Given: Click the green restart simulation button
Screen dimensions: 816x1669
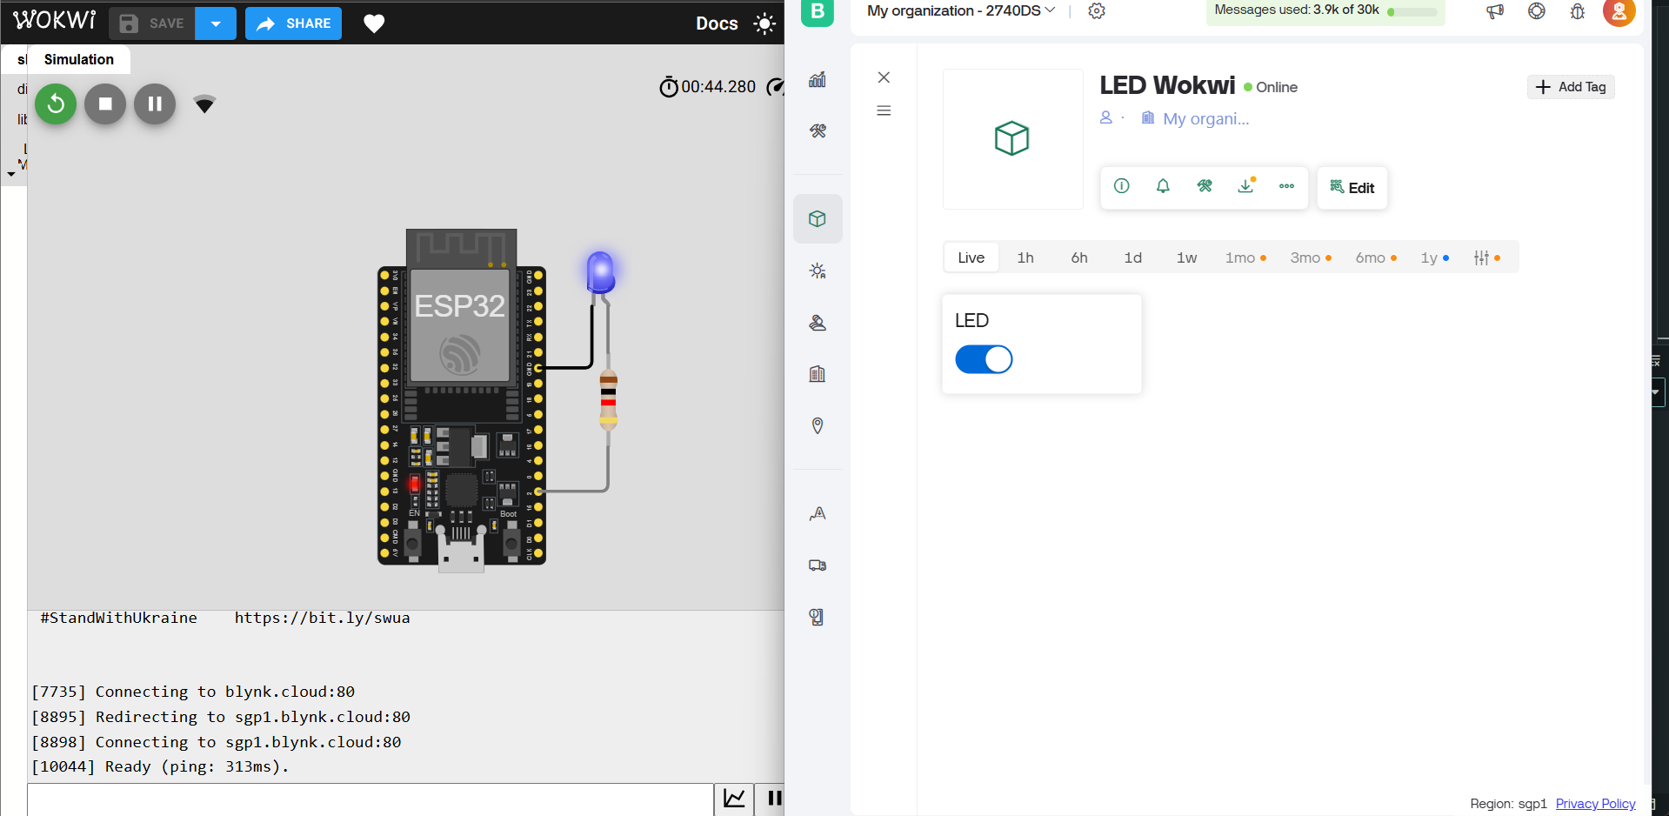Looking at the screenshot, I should coord(56,104).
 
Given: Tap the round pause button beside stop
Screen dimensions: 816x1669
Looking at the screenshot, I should coord(155,104).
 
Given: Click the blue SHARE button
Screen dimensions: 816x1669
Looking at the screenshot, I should coord(293,23).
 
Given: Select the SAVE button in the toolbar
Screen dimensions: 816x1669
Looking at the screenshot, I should coord(152,23).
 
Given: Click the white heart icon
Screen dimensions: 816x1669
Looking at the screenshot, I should coord(374,23).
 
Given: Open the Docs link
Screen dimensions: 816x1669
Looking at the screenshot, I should coord(717,23).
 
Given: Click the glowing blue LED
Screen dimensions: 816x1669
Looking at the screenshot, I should coord(600,271).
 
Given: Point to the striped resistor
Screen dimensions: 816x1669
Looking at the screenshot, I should coord(608,399).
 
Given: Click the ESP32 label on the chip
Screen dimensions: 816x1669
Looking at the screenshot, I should coord(459,306).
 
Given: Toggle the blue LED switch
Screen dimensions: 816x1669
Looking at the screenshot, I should coord(984,359).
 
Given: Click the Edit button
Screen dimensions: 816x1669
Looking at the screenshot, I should coord(1352,188).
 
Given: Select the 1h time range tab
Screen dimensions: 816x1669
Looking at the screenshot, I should coord(1025,258).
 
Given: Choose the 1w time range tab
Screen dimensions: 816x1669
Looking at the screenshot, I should coord(1186,258).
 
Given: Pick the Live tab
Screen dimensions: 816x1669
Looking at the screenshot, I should coord(971,258).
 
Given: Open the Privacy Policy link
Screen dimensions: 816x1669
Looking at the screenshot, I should coord(1595,803).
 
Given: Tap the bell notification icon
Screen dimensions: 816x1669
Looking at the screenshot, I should coord(1163,186).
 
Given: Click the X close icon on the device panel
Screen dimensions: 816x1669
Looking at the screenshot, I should coord(884,77).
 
